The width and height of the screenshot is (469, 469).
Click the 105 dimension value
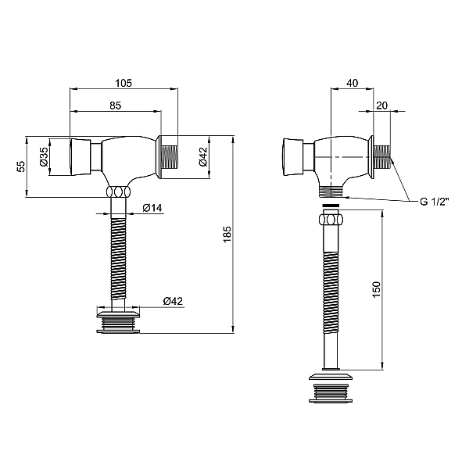point(124,83)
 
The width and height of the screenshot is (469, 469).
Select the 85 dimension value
point(116,106)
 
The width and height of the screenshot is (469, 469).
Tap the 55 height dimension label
point(21,166)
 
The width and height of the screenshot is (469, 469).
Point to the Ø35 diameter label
point(43,157)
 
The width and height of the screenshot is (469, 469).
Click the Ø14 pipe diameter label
point(152,208)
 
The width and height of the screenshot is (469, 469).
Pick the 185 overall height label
point(227,234)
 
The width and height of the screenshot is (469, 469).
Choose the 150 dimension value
point(376,289)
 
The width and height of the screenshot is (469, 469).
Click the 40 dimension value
point(353,83)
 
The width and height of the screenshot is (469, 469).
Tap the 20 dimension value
point(381,106)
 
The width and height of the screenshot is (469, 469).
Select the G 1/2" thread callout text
point(435,202)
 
